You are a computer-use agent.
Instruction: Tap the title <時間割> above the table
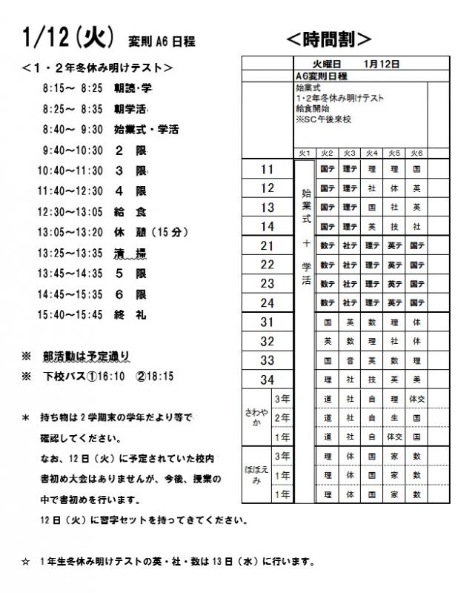click(328, 38)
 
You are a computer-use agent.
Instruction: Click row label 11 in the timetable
click(268, 170)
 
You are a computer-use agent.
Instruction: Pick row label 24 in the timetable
click(268, 302)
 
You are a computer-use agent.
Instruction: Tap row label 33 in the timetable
click(268, 360)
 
